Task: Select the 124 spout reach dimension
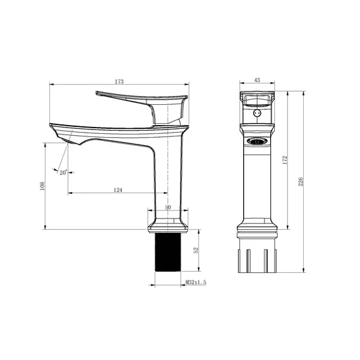117,189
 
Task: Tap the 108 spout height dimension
42,187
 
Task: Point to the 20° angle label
63,172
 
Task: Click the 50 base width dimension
168,207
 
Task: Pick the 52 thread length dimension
196,250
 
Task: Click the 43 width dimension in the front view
257,80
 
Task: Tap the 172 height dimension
285,159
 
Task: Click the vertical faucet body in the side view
169,177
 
